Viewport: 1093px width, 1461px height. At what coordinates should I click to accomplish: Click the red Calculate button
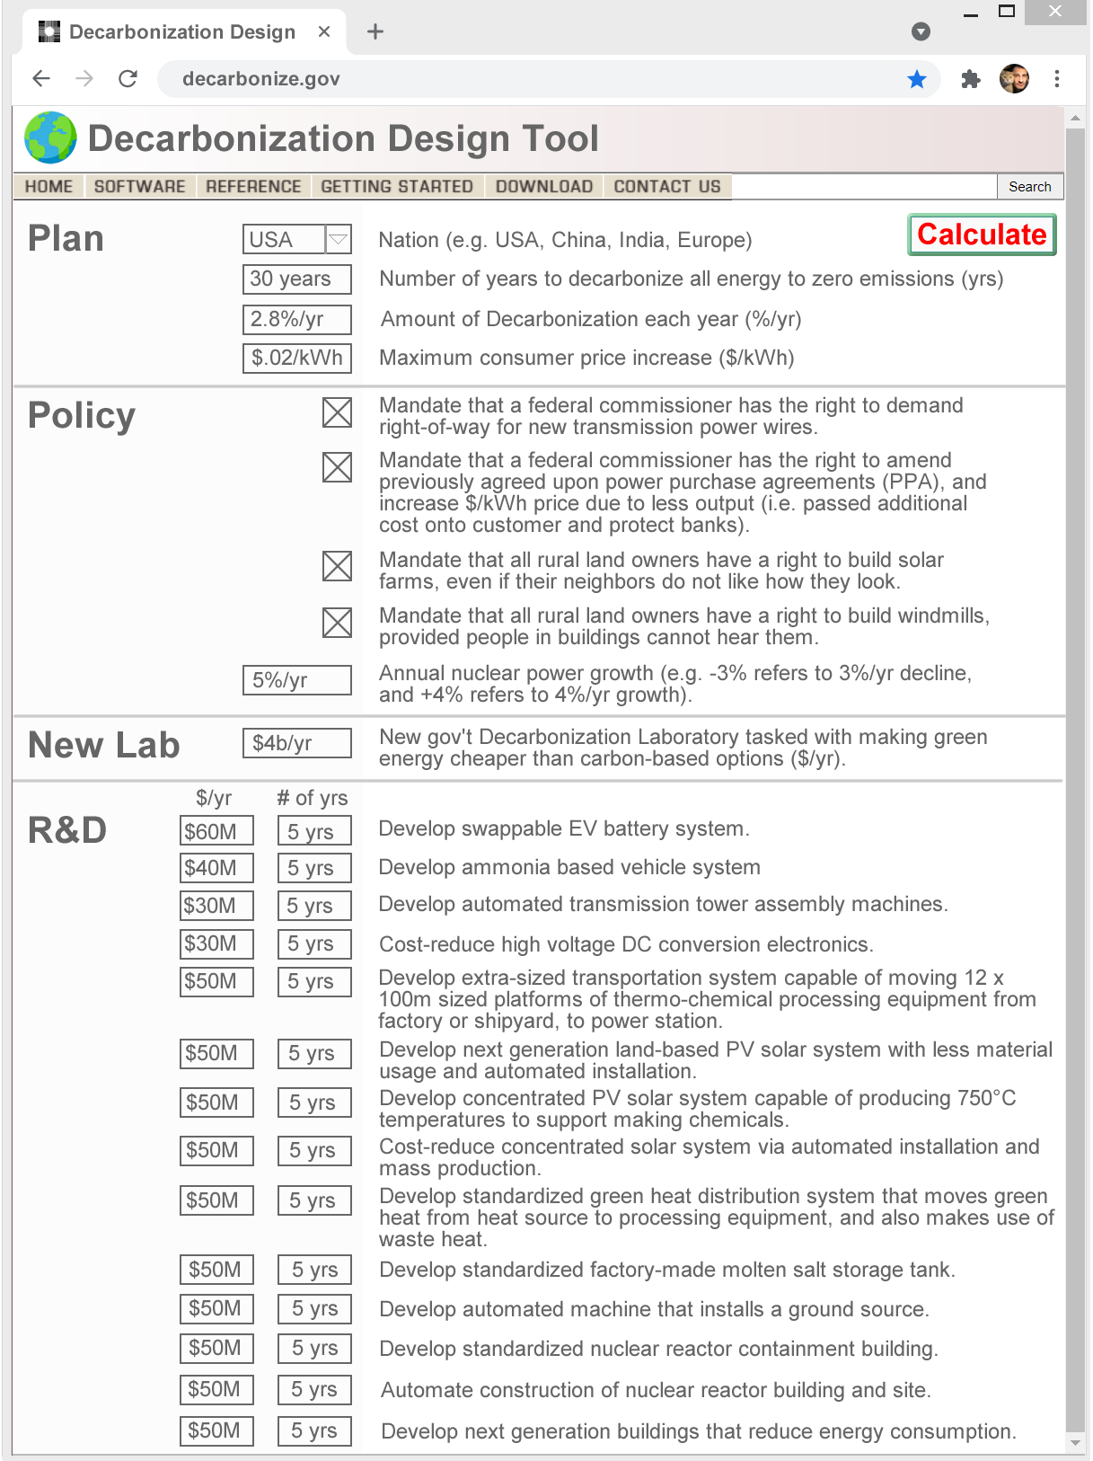pyautogui.click(x=982, y=235)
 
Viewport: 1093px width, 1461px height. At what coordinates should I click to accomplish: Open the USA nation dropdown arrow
pyautogui.click(x=338, y=240)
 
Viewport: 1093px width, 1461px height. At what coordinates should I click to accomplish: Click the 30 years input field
pyautogui.click(x=296, y=279)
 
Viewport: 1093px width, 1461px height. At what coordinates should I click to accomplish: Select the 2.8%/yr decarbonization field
pyautogui.click(x=296, y=319)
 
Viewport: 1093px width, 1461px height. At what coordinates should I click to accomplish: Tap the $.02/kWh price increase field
pyautogui.click(x=296, y=358)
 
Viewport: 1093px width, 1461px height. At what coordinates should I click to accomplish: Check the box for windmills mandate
pyautogui.click(x=337, y=623)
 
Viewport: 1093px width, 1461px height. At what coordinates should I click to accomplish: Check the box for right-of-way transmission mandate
pyautogui.click(x=337, y=412)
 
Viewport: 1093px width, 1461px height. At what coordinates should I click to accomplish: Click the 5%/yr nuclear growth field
pyautogui.click(x=296, y=680)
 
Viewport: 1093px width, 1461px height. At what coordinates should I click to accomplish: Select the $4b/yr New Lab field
pyautogui.click(x=296, y=743)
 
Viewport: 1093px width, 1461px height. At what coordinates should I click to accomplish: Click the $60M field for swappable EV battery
pyautogui.click(x=216, y=831)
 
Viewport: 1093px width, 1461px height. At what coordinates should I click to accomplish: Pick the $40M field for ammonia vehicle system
pyautogui.click(x=216, y=868)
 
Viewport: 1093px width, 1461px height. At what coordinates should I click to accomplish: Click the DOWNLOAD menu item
pyautogui.click(x=544, y=186)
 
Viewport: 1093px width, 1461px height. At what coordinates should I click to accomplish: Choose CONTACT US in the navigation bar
pyautogui.click(x=667, y=186)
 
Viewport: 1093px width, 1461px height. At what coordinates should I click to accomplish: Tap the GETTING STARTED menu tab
pyautogui.click(x=397, y=186)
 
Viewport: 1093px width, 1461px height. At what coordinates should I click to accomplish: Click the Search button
pyautogui.click(x=1029, y=186)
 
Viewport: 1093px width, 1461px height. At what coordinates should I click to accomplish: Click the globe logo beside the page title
pyautogui.click(x=50, y=137)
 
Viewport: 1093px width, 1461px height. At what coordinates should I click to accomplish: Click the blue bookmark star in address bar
pyautogui.click(x=917, y=79)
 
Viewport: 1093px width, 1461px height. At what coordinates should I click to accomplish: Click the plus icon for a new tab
pyautogui.click(x=375, y=31)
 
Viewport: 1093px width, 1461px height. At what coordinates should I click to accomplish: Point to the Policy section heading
pyautogui.click(x=82, y=416)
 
